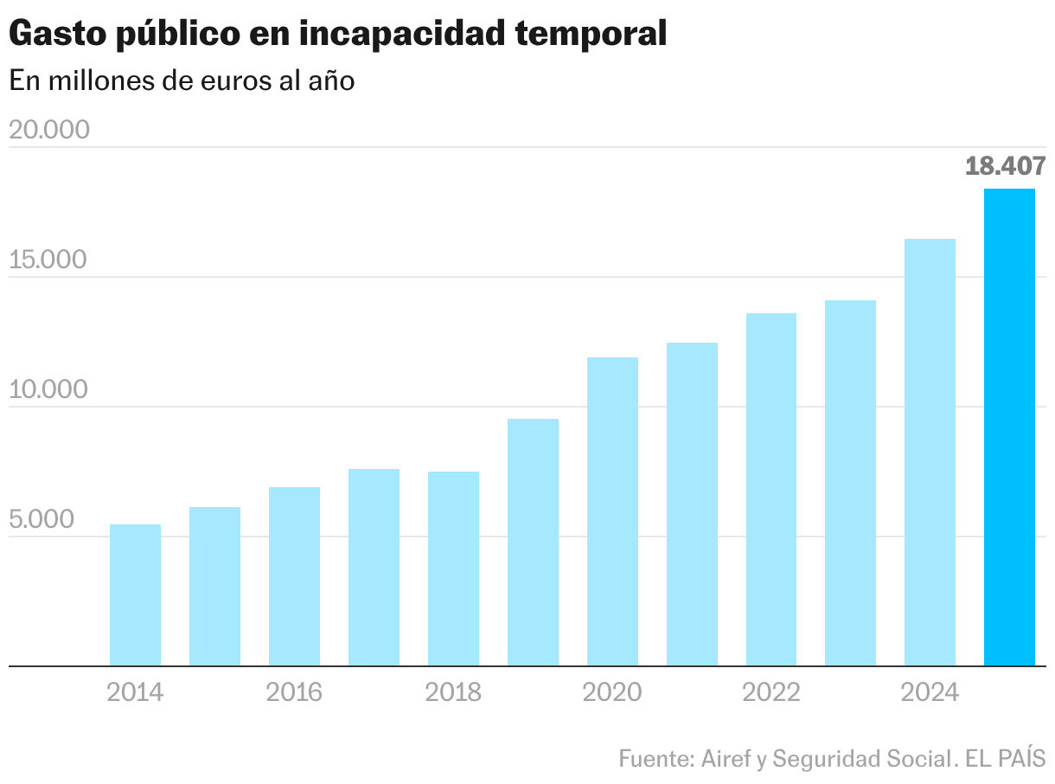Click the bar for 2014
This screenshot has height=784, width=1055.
pos(135,595)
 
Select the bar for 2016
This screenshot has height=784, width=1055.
pos(294,576)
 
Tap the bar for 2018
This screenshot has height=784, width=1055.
pos(453,569)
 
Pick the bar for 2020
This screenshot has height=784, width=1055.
pos(612,511)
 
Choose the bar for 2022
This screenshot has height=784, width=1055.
pos(771,490)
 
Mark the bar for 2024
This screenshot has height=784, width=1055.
pos(930,453)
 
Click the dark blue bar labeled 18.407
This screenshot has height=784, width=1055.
pos(1009,427)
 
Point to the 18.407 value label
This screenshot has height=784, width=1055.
pos(1005,166)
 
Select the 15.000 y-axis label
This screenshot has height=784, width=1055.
pos(49,260)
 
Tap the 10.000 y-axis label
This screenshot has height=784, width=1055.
pos(49,389)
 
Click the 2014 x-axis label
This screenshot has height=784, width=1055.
pos(135,692)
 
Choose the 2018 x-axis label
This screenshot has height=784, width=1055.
pos(453,692)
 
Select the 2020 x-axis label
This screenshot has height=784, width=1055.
pos(612,692)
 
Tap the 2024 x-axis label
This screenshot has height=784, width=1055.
pos(930,692)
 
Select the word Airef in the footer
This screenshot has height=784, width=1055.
pos(726,759)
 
